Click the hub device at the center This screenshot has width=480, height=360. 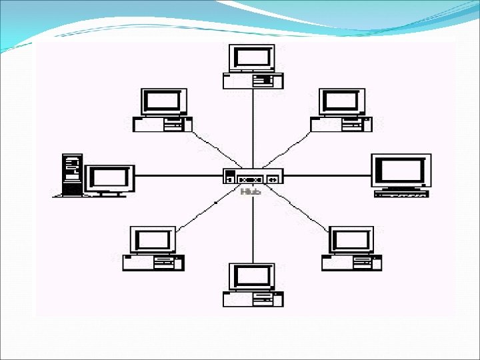(x=253, y=177)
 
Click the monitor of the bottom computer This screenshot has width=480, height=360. (x=252, y=276)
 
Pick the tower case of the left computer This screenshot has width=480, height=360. (x=71, y=174)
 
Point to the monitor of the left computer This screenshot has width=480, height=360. (x=109, y=179)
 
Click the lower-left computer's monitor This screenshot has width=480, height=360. (x=153, y=240)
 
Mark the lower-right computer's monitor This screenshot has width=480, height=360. (x=351, y=240)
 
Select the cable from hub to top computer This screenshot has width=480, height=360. (x=253, y=127)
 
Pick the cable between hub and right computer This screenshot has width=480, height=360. (x=327, y=176)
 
